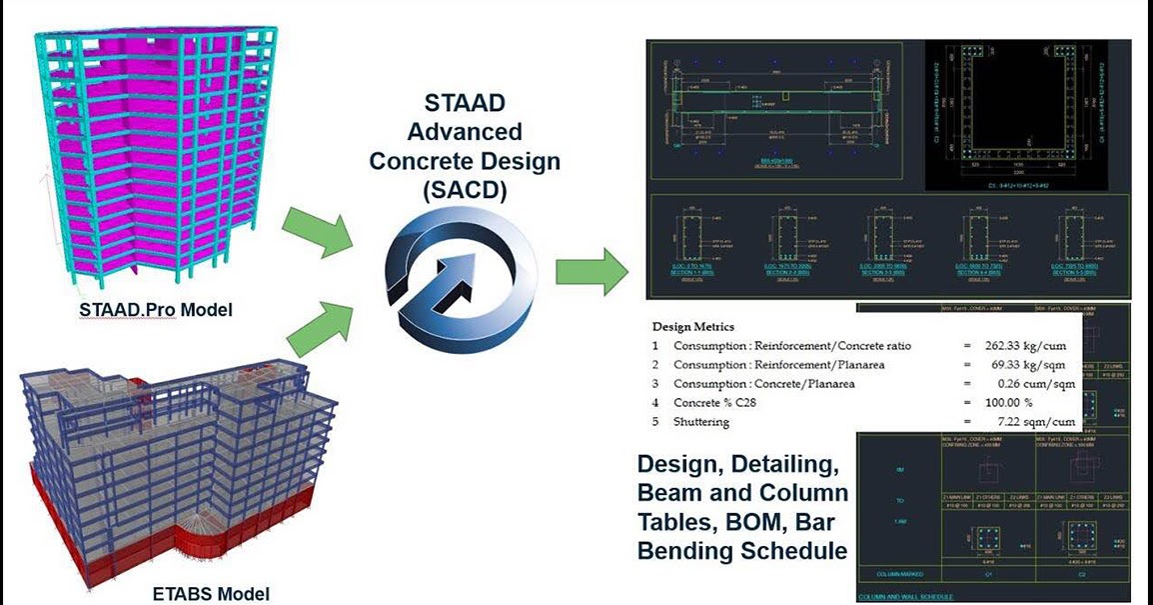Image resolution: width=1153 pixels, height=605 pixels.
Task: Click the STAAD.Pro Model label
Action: point(155,310)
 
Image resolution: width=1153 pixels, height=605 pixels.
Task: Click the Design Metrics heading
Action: point(692,326)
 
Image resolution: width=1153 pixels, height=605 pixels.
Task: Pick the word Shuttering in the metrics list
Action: point(701,422)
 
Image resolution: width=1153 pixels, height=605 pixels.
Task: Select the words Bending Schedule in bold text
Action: point(742,550)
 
